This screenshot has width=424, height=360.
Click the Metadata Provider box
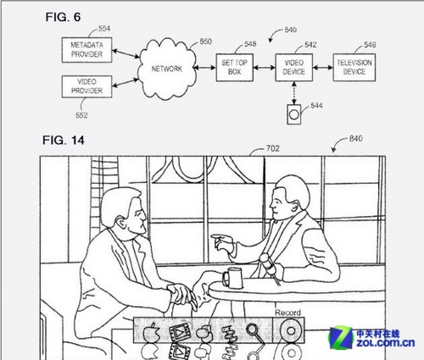click(x=86, y=50)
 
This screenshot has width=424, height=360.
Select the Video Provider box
click(x=86, y=86)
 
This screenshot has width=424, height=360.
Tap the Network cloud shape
click(x=167, y=69)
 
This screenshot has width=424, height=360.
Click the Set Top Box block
click(x=235, y=68)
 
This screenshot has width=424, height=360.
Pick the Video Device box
click(x=294, y=68)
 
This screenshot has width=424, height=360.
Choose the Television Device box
click(x=354, y=68)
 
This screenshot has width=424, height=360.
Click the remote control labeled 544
click(x=294, y=114)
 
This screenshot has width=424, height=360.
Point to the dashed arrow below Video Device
click(x=294, y=93)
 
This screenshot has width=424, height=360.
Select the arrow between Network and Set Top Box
click(x=204, y=68)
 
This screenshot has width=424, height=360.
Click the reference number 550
click(x=206, y=42)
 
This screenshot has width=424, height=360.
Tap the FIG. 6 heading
click(x=63, y=17)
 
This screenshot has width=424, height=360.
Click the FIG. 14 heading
click(x=64, y=140)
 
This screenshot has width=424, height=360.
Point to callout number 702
click(x=273, y=148)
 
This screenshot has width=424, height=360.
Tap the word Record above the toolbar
click(x=288, y=313)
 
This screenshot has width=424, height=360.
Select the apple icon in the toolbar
click(x=151, y=332)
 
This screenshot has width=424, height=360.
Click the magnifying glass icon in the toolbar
click(x=252, y=330)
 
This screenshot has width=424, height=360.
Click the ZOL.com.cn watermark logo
click(x=372, y=338)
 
